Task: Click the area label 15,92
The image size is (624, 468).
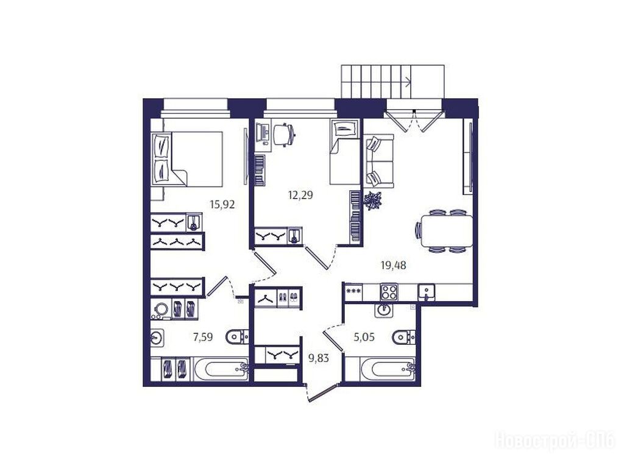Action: [x=222, y=205]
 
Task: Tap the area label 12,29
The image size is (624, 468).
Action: [x=300, y=195]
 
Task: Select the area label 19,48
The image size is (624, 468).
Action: [x=394, y=265]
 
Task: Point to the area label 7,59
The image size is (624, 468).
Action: [x=203, y=338]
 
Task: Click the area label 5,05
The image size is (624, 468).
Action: [x=364, y=338]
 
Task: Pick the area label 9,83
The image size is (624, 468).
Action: [x=319, y=358]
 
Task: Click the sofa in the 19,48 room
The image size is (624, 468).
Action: [x=379, y=161]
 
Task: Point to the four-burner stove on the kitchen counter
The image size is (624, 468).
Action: [x=389, y=292]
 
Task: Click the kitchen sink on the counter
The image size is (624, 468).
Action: [x=426, y=292]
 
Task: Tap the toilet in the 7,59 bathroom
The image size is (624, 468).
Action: [x=237, y=338]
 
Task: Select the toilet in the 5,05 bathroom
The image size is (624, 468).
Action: [x=403, y=338]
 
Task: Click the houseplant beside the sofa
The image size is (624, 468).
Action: [x=372, y=200]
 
